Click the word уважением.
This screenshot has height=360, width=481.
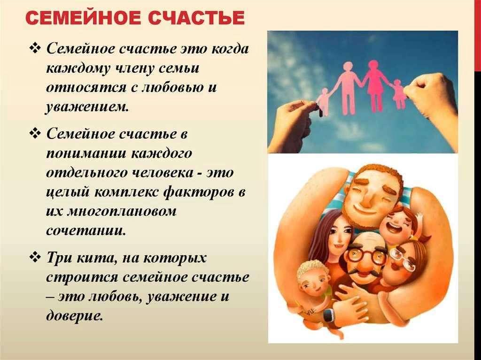coord(87,107)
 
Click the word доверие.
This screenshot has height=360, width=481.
coord(74,316)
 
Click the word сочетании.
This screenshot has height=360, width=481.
coord(86,230)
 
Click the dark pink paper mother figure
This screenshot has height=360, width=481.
coord(374,86)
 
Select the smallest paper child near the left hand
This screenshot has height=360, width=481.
coord(323,102)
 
